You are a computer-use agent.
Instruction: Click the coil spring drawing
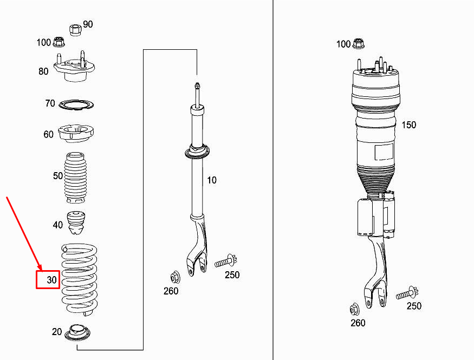click(x=80, y=279)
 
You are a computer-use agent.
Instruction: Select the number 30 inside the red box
click(x=51, y=280)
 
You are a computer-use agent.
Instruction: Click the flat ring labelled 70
click(x=77, y=104)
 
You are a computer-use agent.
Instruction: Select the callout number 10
click(x=211, y=180)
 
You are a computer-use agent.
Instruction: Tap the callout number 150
click(x=408, y=125)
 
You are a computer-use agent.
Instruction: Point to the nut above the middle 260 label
click(x=175, y=277)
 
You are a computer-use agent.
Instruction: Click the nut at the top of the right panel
click(x=358, y=43)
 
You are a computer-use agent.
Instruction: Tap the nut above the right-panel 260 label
click(x=355, y=310)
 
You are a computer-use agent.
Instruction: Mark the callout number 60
click(x=49, y=134)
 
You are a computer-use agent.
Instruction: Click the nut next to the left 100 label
click(x=60, y=41)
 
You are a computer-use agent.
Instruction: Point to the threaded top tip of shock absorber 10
click(x=197, y=86)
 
